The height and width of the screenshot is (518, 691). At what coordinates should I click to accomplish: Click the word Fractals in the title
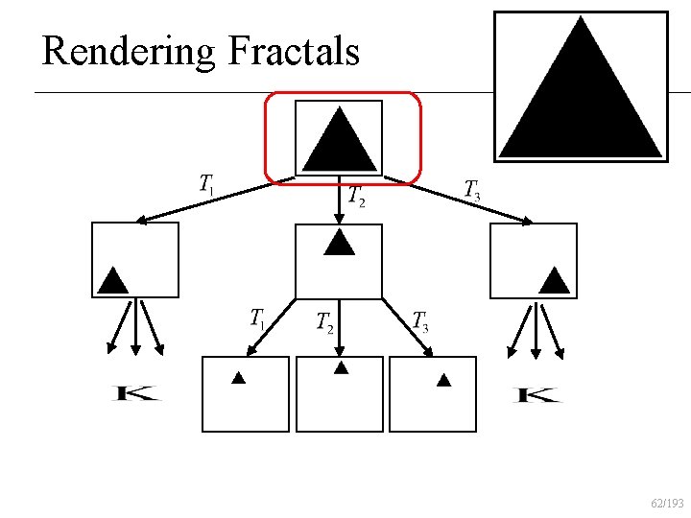294,50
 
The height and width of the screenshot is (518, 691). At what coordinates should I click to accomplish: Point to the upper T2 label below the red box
356,196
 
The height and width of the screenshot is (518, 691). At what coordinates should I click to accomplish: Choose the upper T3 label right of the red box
472,189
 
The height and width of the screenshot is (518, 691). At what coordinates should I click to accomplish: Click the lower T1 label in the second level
257,318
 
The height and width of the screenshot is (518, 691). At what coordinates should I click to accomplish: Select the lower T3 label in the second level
419,321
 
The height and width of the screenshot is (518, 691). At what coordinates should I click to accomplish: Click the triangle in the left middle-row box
113,279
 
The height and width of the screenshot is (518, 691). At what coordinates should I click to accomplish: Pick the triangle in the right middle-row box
555,279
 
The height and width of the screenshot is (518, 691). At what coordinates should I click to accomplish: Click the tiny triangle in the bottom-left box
239,378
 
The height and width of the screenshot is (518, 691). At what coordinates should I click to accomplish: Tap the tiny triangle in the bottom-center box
340,367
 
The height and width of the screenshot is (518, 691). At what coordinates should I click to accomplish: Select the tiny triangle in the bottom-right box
443,380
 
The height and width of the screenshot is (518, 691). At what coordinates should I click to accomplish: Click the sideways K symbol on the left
136,393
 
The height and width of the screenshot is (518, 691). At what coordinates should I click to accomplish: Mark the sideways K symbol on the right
537,394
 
